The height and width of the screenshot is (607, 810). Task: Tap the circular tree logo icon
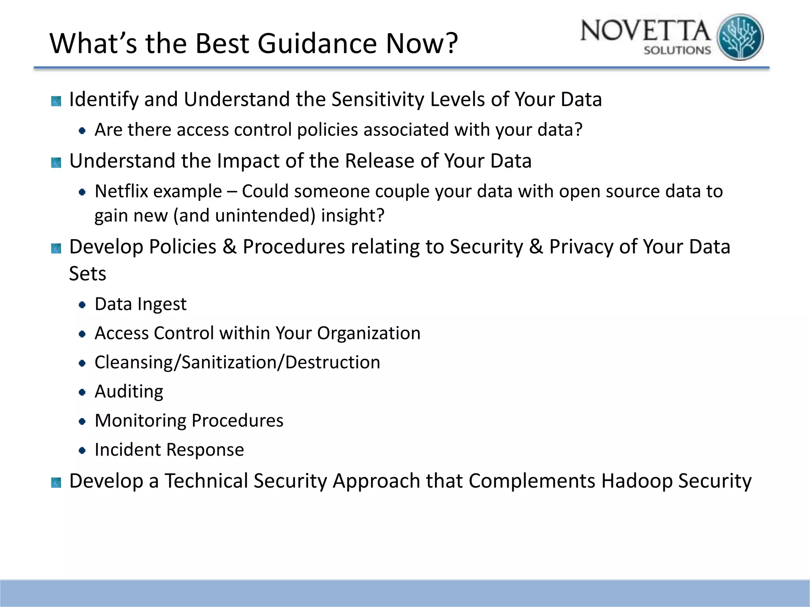[x=740, y=37]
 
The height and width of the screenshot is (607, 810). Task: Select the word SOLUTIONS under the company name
[x=677, y=51]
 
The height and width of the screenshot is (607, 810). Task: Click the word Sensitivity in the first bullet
[x=377, y=99]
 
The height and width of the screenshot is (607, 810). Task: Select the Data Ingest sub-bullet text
[x=140, y=304]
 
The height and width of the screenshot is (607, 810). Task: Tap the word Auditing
[x=129, y=392]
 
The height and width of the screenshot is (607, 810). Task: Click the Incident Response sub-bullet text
[x=169, y=450]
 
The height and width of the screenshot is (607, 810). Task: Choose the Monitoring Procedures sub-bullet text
[x=189, y=420]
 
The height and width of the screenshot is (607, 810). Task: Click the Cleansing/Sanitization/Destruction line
[x=237, y=362]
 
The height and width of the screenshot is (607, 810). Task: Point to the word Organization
[x=369, y=333]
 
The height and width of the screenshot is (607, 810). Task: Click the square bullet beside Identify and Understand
[x=56, y=101]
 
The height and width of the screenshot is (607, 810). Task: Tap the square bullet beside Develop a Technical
[x=56, y=483]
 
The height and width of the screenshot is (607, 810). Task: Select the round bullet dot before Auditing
[x=82, y=392]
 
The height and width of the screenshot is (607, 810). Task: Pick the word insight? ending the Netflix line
[x=352, y=216]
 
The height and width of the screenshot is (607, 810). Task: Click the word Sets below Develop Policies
[x=87, y=273]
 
